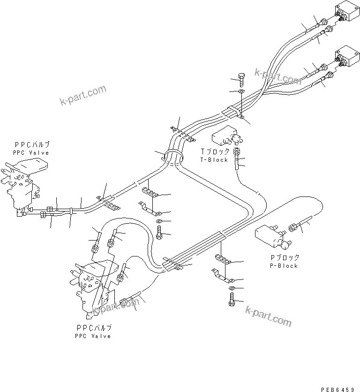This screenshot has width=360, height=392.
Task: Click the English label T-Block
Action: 214,159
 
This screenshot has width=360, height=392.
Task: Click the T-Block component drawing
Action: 226,137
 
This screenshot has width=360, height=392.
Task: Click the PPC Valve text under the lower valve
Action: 92,336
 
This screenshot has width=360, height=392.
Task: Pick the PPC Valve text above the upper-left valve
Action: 31,153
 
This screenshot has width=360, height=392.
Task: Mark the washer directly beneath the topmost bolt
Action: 241,91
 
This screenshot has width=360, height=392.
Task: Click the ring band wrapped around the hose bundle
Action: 172,155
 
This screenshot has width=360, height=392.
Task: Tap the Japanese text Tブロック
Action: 214,151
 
